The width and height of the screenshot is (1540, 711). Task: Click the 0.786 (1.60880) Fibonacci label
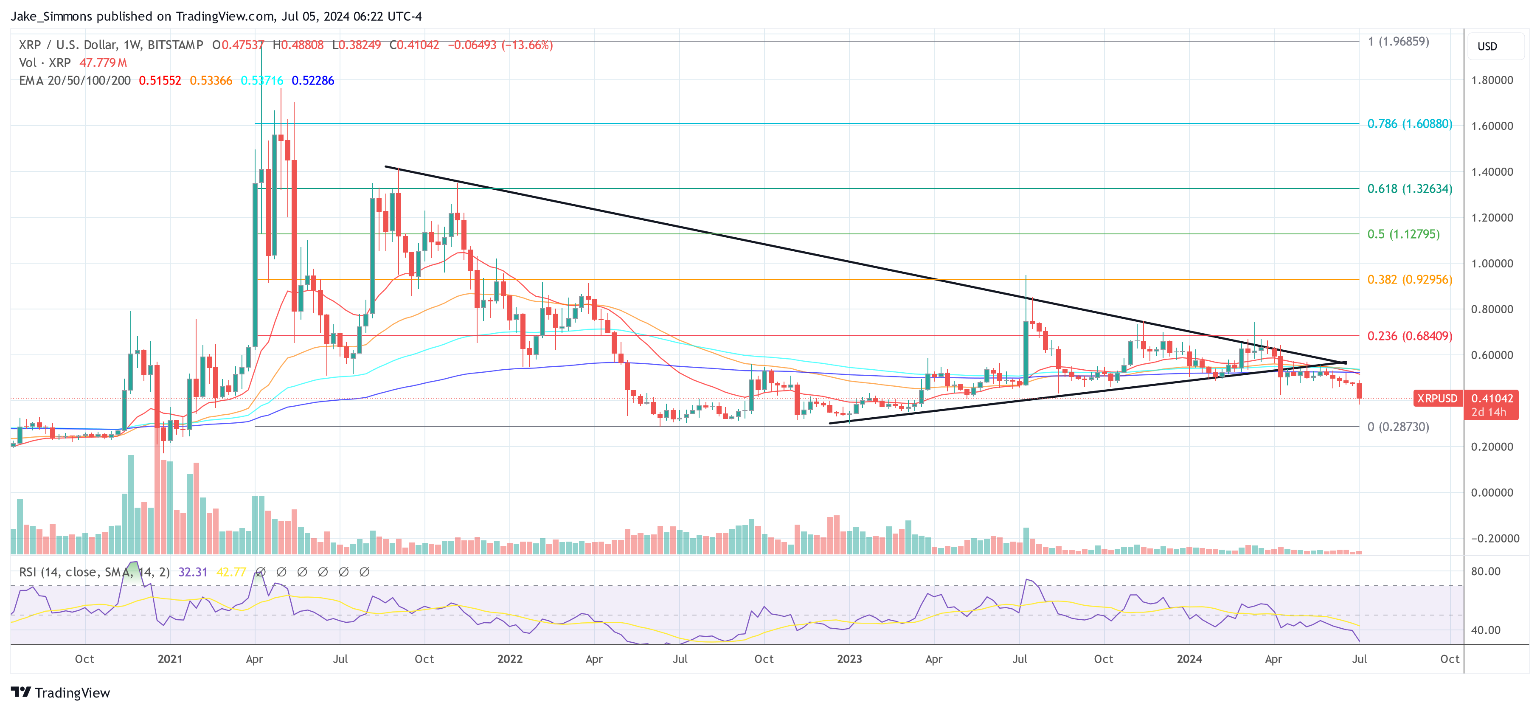[x=1409, y=124]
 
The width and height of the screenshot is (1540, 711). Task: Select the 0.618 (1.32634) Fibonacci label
[x=1409, y=188]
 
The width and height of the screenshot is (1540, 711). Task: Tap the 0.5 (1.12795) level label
[x=1403, y=234]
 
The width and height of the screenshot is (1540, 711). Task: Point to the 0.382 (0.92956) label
[x=1409, y=279]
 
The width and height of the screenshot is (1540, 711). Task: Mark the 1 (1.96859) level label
[x=1398, y=41]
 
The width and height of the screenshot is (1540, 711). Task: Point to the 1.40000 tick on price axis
[x=1492, y=171]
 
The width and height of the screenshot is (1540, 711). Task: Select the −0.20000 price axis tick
[x=1492, y=538]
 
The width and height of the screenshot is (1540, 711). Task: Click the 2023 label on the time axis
[x=849, y=659]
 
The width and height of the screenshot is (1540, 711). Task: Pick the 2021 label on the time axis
[x=170, y=659]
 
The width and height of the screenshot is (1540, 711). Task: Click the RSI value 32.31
[x=193, y=572]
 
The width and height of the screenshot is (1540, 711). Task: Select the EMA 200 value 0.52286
[x=313, y=81]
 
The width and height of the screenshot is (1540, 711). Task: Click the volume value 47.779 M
[x=103, y=63]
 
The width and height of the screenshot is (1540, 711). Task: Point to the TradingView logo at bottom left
[x=60, y=692]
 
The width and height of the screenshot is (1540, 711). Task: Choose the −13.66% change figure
[x=527, y=45]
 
